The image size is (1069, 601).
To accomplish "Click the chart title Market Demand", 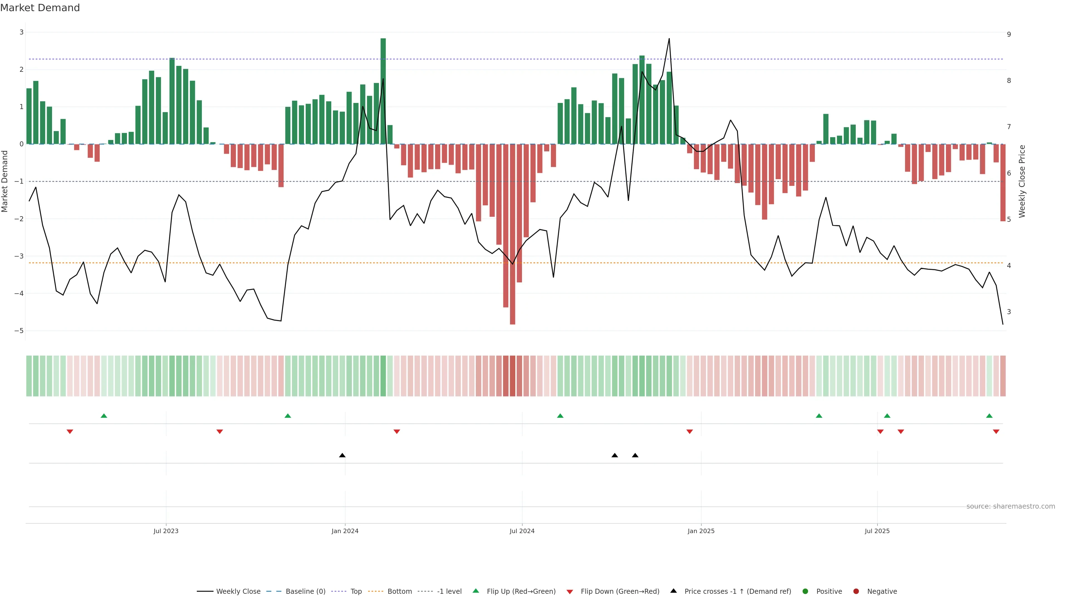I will (x=40, y=8).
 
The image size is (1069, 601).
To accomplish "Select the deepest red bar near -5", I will (x=513, y=234).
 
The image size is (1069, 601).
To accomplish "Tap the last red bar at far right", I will (x=1002, y=183).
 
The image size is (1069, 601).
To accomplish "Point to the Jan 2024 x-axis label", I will (x=345, y=531).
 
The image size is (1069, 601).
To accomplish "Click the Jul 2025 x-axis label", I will (x=877, y=531).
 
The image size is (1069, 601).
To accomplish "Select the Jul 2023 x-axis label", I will (x=166, y=531).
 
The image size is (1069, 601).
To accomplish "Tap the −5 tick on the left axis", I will (x=19, y=331).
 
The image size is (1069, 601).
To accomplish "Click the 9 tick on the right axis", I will (x=1009, y=35).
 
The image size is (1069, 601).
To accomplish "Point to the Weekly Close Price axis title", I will (x=1022, y=181).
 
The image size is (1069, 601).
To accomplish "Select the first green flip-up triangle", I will (x=104, y=416).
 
